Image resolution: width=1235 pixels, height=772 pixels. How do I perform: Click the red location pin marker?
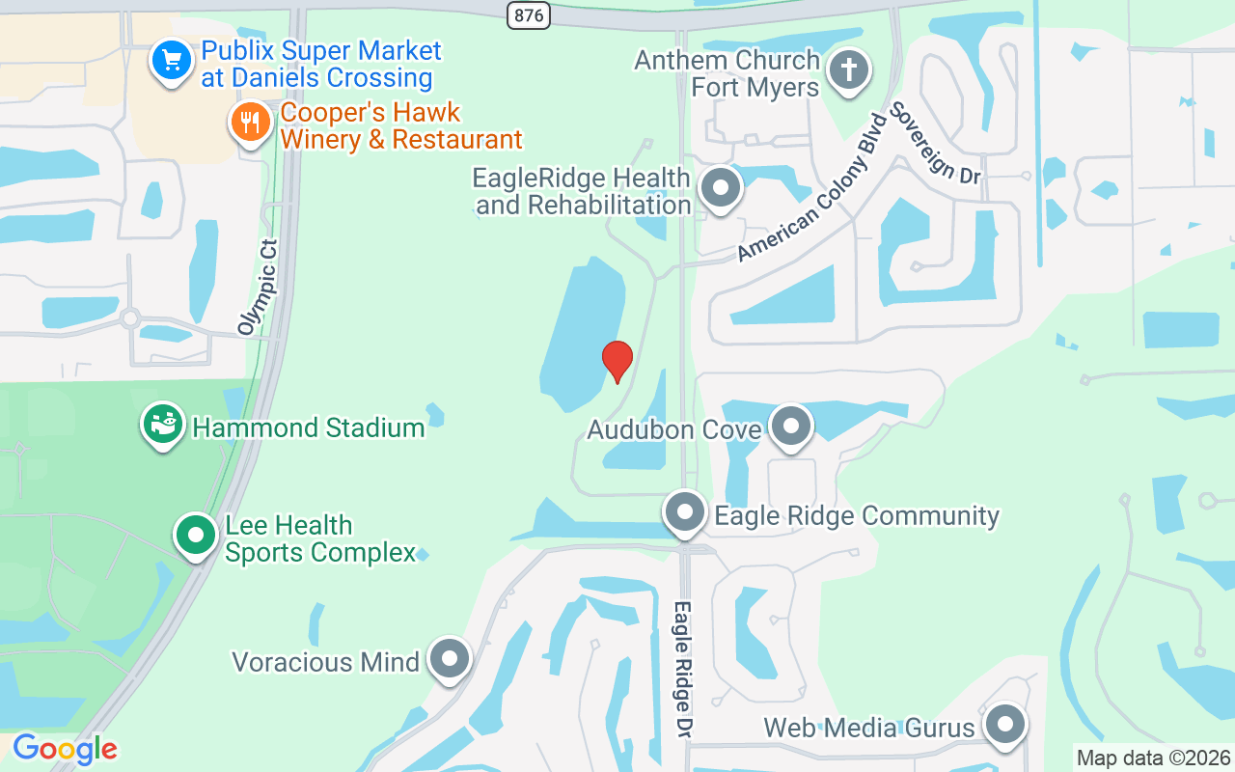click(617, 361)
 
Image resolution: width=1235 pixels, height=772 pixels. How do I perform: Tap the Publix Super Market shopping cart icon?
click(172, 62)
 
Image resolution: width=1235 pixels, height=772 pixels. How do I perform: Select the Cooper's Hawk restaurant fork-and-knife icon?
click(251, 123)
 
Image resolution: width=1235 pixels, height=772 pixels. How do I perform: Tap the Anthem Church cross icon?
click(848, 70)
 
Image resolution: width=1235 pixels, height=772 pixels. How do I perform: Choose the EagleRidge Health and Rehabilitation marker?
click(719, 188)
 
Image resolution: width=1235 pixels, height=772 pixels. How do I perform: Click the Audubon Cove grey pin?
click(792, 426)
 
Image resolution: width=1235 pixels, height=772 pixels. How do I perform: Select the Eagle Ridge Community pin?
click(685, 511)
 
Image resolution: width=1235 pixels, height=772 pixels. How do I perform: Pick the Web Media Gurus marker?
click(1005, 724)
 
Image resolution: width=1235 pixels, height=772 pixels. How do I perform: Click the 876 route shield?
click(527, 14)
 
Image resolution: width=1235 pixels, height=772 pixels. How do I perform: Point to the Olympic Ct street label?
click(258, 287)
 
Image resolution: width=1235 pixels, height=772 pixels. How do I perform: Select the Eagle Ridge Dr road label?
click(683, 666)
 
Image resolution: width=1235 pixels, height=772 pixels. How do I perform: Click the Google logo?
click(65, 748)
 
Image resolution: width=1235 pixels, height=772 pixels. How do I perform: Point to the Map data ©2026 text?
click(1153, 758)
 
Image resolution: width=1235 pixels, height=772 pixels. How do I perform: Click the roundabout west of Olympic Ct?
click(130, 318)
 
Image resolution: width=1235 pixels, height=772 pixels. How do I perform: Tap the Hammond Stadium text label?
click(309, 427)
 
